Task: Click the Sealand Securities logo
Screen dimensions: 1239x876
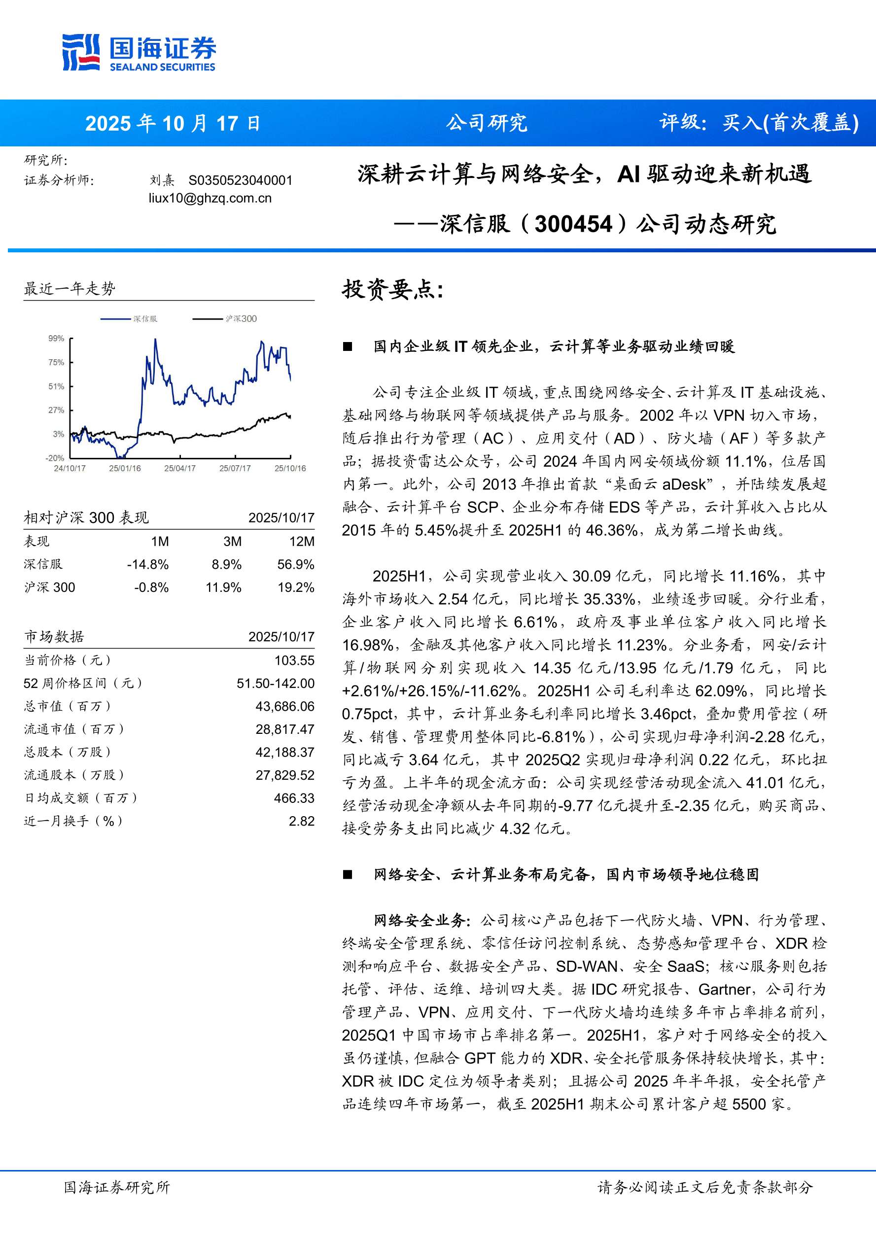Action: (139, 52)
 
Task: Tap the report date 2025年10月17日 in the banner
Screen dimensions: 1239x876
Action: (173, 124)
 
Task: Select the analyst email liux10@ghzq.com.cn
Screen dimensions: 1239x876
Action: (210, 198)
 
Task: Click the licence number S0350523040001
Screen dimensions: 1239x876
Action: (240, 180)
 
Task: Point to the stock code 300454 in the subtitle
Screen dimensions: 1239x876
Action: (573, 224)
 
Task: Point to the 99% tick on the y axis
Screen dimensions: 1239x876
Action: (56, 339)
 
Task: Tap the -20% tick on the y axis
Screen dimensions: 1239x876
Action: (55, 458)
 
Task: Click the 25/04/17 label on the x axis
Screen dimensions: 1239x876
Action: (180, 468)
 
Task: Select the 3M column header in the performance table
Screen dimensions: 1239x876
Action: (232, 541)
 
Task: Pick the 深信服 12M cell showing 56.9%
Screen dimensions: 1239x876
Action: (295, 564)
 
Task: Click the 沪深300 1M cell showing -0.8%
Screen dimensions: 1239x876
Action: (151, 587)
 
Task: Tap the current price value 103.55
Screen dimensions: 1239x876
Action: (294, 660)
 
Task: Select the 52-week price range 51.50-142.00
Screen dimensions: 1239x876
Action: (275, 684)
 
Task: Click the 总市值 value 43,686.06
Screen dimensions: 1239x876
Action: (284, 706)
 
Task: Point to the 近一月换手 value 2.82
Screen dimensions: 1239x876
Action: (301, 822)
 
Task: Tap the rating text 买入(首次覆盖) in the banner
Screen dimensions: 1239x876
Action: (790, 123)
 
